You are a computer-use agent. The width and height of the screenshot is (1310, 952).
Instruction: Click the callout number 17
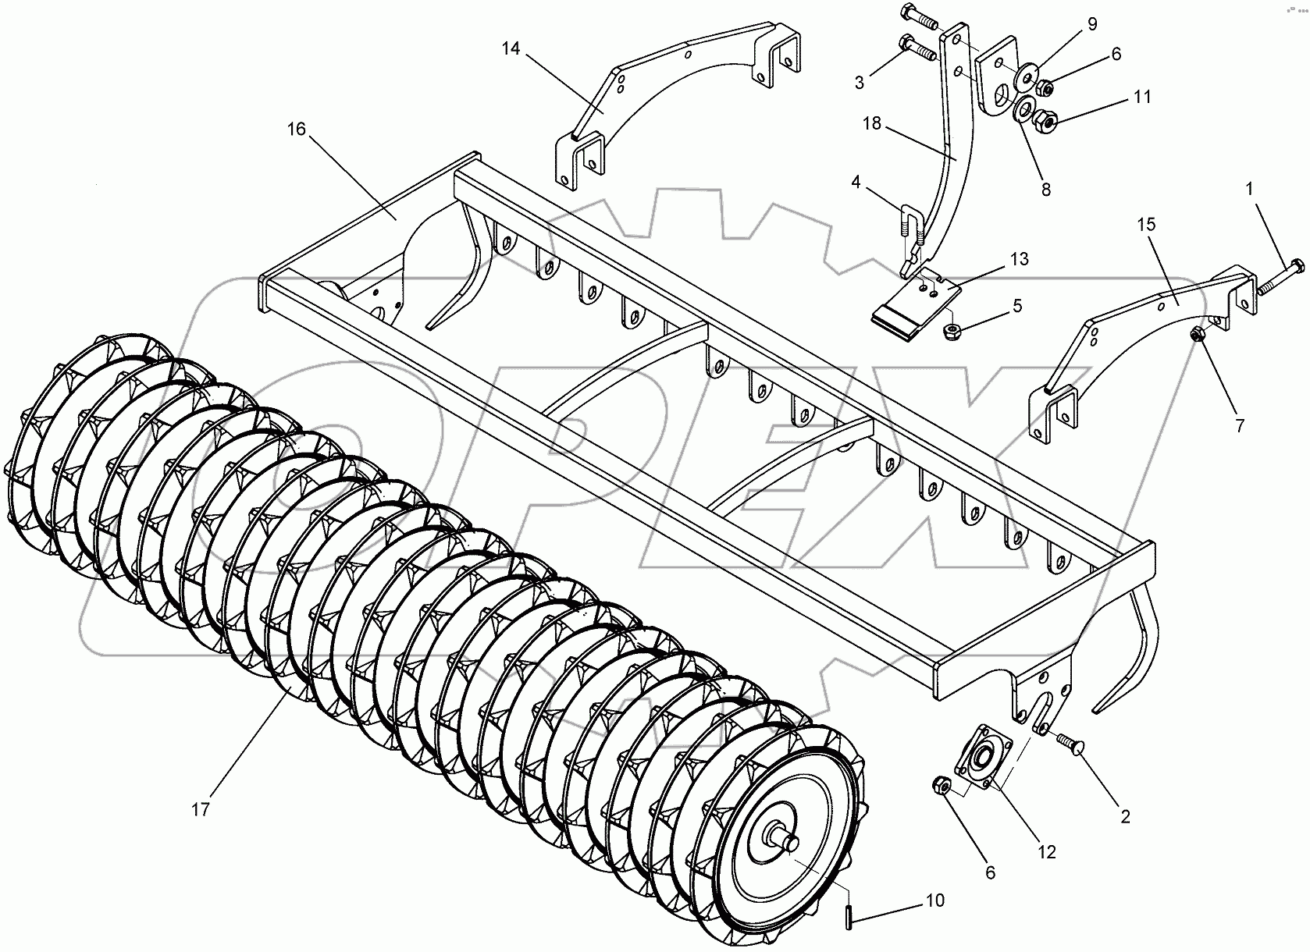pos(201,810)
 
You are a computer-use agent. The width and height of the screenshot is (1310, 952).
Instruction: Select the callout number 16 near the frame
pos(296,129)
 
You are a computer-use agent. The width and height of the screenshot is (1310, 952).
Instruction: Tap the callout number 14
pos(511,49)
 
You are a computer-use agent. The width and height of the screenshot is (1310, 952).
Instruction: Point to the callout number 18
pos(872,124)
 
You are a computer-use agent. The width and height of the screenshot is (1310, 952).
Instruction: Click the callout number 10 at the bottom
pos(935,900)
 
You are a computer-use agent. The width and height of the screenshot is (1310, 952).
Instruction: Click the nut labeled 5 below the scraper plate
pos(952,329)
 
